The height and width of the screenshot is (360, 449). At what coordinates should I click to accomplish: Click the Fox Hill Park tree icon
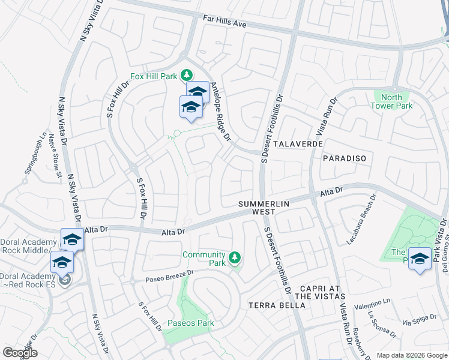tap(187, 75)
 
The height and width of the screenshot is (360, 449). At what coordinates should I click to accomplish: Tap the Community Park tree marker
tap(235, 258)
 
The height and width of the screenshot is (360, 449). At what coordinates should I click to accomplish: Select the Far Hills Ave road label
tap(224, 25)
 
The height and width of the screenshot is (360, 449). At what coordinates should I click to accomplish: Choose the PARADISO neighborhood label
tap(344, 157)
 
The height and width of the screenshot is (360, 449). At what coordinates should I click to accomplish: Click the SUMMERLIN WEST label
tap(264, 208)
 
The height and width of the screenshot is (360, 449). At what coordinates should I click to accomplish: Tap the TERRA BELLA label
tap(277, 305)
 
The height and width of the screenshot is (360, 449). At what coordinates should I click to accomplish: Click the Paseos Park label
tap(190, 323)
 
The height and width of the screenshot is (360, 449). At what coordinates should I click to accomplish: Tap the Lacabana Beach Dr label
tap(360, 220)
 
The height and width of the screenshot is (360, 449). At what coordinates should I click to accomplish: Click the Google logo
tap(20, 353)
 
